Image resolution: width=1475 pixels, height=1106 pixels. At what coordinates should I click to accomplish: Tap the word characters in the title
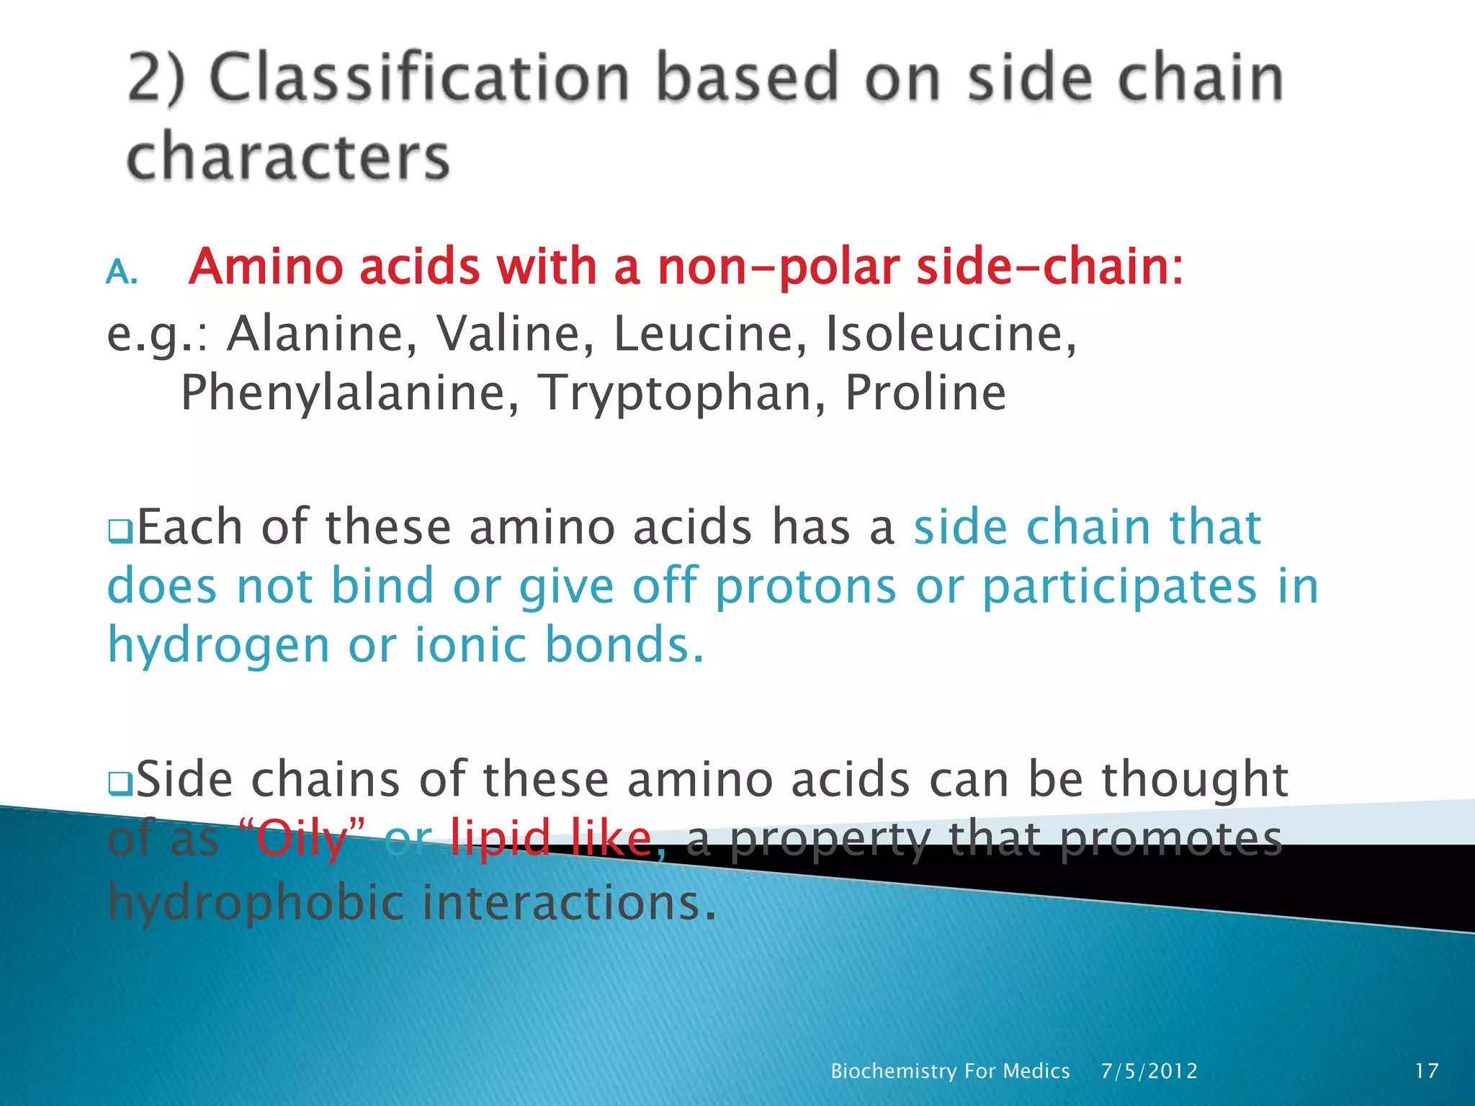pyautogui.click(x=288, y=156)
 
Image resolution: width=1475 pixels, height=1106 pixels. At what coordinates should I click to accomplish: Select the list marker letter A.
pyautogui.click(x=120, y=273)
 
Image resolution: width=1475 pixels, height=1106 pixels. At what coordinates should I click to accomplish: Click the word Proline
pyautogui.click(x=925, y=393)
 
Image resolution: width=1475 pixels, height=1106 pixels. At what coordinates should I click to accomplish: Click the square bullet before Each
pyautogui.click(x=118, y=531)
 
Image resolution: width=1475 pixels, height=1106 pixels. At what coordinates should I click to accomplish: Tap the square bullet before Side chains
pyautogui.click(x=118, y=783)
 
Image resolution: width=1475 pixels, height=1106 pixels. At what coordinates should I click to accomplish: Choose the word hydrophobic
pyautogui.click(x=256, y=902)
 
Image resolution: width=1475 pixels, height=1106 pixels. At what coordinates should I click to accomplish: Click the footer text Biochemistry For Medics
pyautogui.click(x=950, y=1071)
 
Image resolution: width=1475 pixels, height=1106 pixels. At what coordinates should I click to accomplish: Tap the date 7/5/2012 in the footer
pyautogui.click(x=1149, y=1071)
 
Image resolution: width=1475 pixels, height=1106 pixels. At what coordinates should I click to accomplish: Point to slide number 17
pyautogui.click(x=1427, y=1071)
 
